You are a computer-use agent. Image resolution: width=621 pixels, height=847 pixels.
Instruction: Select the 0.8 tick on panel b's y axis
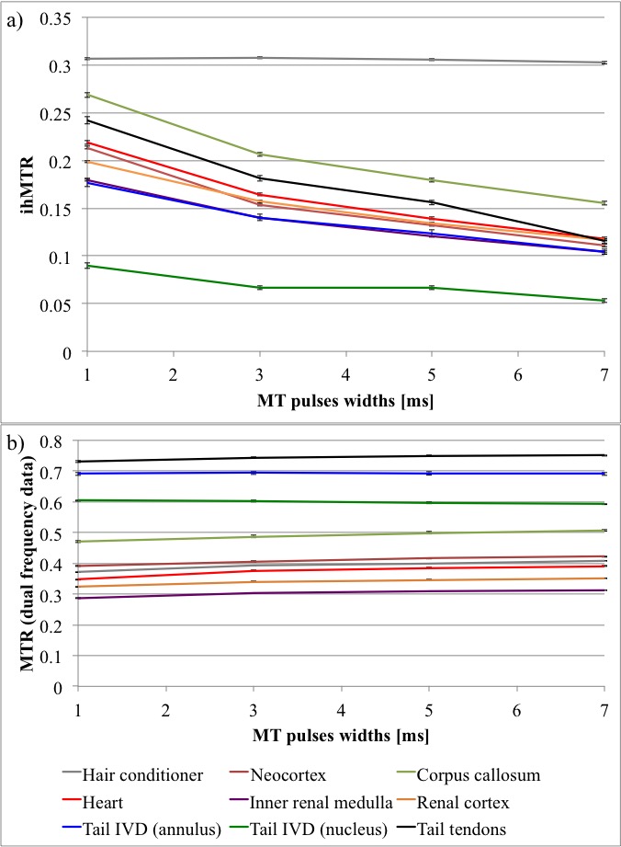(x=58, y=441)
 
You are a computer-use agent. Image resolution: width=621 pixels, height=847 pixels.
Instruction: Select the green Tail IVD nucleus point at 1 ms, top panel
(x=79, y=266)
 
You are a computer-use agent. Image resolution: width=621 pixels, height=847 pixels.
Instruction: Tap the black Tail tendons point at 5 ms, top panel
(x=428, y=202)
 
